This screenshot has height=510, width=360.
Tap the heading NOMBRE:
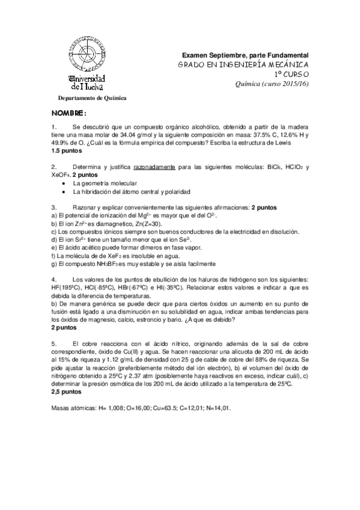pos(69,114)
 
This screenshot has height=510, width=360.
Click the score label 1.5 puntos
pos(67,150)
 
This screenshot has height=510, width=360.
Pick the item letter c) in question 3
pos(54,231)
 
